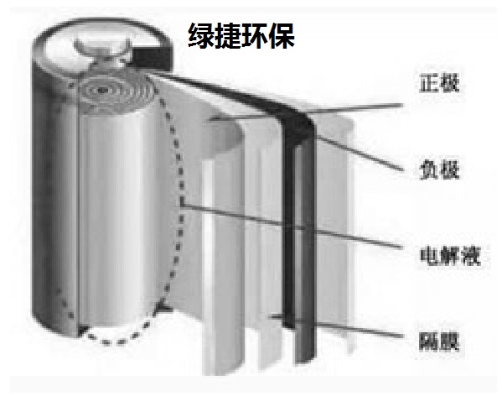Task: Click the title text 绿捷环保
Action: coord(241,35)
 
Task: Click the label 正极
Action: coord(439,83)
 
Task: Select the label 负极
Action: coord(439,169)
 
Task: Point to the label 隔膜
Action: coord(439,341)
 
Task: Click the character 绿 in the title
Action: coord(201,35)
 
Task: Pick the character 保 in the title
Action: coord(282,35)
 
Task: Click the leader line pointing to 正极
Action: coord(305,112)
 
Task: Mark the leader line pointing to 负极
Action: coord(359,153)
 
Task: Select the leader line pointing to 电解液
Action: coord(292,226)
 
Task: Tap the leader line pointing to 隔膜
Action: coord(336,326)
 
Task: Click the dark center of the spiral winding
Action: coord(101,90)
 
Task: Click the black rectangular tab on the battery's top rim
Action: coord(151,59)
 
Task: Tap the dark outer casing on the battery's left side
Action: coord(54,205)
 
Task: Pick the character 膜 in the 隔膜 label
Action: coord(450,341)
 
